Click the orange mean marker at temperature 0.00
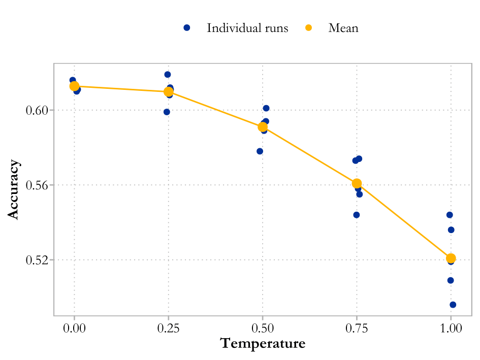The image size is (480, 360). pos(74,86)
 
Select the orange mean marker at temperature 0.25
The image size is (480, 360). pos(168,91)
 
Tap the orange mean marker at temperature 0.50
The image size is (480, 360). pos(263,127)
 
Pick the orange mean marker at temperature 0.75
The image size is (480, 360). pos(357,183)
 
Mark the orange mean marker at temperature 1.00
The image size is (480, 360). pos(451,258)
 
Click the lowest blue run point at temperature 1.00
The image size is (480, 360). pos(453,305)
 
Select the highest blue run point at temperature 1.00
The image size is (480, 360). pos(450,215)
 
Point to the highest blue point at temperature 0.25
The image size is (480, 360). pos(168,75)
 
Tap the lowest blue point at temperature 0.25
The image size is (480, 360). pos(167,112)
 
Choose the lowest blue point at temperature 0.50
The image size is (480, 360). pos(260,151)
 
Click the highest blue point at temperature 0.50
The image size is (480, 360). pos(266,108)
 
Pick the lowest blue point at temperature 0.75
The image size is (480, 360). pos(357,215)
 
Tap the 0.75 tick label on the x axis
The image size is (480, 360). pos(357,329)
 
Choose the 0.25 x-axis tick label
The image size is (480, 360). pos(168,329)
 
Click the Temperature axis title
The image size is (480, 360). pos(263,344)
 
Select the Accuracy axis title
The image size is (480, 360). pos(14,189)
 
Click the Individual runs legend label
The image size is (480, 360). pos(247,28)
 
